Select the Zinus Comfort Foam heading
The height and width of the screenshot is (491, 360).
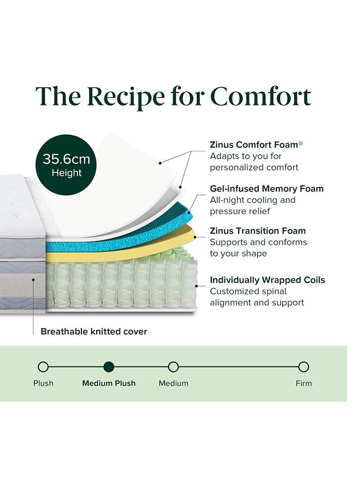pos(253,145)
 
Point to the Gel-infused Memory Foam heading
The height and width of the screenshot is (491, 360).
pos(266,188)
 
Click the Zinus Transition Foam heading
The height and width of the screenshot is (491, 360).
pos(257,231)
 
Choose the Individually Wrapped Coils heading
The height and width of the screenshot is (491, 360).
pos(267,280)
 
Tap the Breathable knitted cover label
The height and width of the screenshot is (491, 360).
pos(94,331)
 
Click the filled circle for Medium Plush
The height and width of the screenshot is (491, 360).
pos(109,367)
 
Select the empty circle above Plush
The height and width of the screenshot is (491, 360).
pos(43,367)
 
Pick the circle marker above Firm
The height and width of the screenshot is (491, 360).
pos(303,367)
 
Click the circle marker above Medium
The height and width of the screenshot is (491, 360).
pos(173,367)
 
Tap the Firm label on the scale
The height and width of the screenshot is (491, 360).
pos(303,383)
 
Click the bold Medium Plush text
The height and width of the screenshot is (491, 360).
pos(109,383)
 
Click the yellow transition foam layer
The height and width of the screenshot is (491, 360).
pos(124,254)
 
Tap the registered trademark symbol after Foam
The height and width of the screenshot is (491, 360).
pos(300,143)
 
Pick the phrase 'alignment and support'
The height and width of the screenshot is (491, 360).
pos(257,303)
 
